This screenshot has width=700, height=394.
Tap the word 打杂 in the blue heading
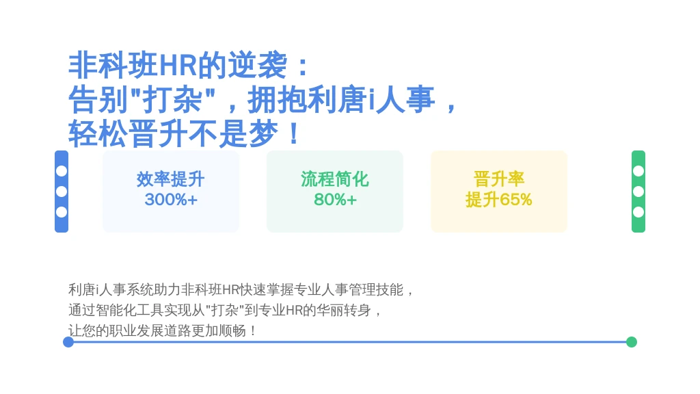[x=172, y=100]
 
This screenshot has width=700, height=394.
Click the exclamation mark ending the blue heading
[x=294, y=133]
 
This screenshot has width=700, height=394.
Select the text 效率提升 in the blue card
[x=170, y=179]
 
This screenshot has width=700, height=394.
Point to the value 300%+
[x=171, y=200]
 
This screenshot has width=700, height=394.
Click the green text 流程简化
[x=335, y=179]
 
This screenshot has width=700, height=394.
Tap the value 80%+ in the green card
[x=335, y=200]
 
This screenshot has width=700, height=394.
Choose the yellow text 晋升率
[x=498, y=179]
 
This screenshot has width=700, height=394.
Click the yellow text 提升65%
[x=498, y=200]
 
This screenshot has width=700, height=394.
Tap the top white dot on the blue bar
[x=62, y=171]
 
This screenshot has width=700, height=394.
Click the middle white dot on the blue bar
[x=62, y=192]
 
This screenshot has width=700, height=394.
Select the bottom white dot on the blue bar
[x=62, y=212]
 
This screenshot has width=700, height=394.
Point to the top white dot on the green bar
[x=638, y=171]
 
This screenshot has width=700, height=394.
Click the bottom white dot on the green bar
[x=638, y=212]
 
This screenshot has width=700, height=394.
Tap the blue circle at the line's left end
[x=68, y=342]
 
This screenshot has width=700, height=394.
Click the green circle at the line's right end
[x=631, y=342]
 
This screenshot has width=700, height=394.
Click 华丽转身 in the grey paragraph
[x=344, y=311]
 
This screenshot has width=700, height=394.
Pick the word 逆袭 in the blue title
[x=258, y=65]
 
